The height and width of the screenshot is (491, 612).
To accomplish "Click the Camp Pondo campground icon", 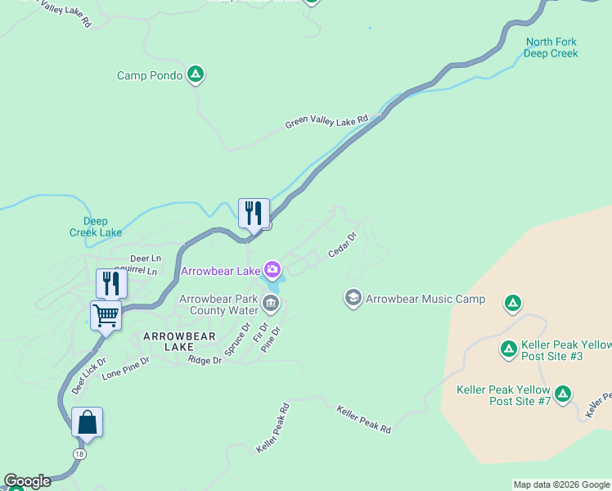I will pyautogui.click(x=195, y=75).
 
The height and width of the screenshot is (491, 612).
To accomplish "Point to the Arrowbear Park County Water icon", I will pyautogui.click(x=271, y=304).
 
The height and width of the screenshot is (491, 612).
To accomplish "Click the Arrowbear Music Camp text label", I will pyautogui.click(x=425, y=300).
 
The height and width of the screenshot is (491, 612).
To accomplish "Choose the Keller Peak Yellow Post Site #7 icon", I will pyautogui.click(x=562, y=394).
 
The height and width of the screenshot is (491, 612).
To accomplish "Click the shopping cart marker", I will pyautogui.click(x=106, y=314).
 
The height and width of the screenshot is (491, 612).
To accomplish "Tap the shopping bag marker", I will pyautogui.click(x=87, y=422).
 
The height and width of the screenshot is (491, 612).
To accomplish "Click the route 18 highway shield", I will pyautogui.click(x=79, y=453).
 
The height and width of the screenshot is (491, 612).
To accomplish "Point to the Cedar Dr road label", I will pyautogui.click(x=343, y=245).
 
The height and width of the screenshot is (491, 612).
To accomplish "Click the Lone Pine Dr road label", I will pyautogui.click(x=125, y=366).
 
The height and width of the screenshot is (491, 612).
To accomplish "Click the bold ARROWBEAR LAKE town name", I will pyautogui.click(x=179, y=341).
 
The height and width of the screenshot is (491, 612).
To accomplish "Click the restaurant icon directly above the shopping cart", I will pyautogui.click(x=111, y=283).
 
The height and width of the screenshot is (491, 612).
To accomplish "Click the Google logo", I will pyautogui.click(x=27, y=481).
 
